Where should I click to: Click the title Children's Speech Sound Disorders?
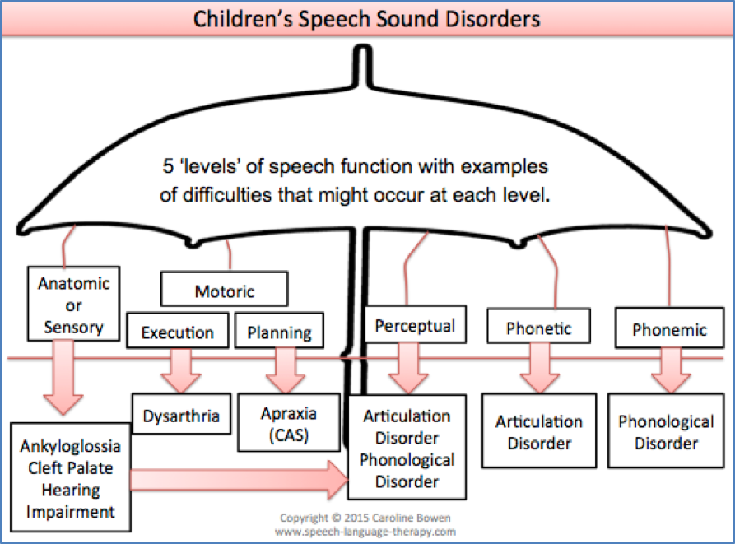point(367,19)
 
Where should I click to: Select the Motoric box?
point(224,291)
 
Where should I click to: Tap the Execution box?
point(177,332)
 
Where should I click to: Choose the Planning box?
point(279,332)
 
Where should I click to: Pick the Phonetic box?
point(538,328)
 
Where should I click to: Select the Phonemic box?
point(668,328)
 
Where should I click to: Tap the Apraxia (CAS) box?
point(288,424)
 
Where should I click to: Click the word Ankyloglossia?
point(71,447)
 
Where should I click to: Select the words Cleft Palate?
point(71,468)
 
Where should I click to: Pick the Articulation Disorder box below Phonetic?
point(538,431)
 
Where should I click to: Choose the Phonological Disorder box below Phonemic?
point(666,431)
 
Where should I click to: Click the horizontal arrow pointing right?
point(239,478)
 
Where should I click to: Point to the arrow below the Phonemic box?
point(668,369)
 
